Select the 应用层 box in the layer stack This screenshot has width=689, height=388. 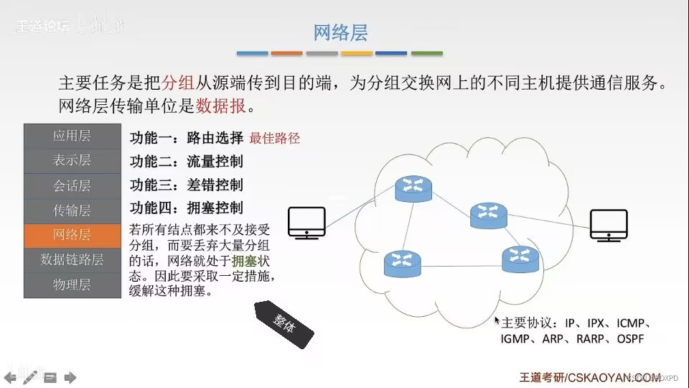coord(72,135)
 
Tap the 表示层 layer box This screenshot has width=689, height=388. coord(72,160)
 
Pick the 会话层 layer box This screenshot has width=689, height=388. coord(72,185)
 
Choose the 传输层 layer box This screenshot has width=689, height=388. coord(72,211)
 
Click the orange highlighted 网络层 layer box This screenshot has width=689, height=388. coord(72,235)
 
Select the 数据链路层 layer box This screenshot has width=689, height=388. coord(72,260)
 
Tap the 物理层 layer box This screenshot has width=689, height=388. coord(72,285)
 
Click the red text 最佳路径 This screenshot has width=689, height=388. coord(274,138)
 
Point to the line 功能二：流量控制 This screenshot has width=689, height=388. coord(186,161)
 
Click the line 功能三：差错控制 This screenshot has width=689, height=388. coord(186,185)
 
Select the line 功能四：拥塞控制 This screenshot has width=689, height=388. coord(186,208)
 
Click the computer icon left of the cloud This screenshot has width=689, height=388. coord(306,223)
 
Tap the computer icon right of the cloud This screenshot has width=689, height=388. coord(609,225)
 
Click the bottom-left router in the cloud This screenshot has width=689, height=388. coord(401,264)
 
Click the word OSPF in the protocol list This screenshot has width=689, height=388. coord(630,338)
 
